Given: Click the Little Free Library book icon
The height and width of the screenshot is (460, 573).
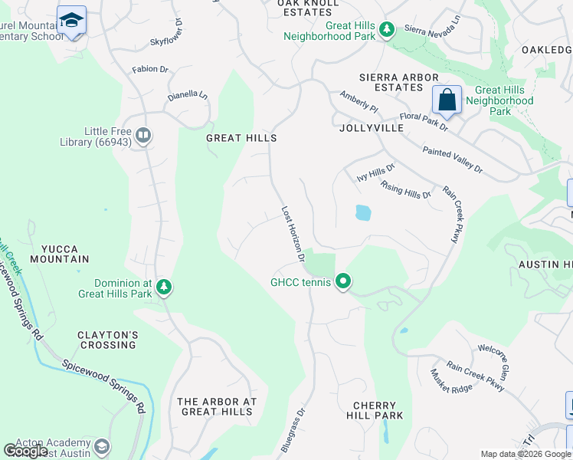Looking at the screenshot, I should pyautogui.click(x=142, y=136).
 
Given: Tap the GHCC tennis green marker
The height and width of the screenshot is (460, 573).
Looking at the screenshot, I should pyautogui.click(x=344, y=282).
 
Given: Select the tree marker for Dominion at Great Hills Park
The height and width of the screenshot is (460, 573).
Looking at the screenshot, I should pyautogui.click(x=163, y=287).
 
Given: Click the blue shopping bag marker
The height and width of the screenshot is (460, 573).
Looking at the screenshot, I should pyautogui.click(x=447, y=100).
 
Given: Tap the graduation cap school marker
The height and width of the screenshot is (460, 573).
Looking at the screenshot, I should pyautogui.click(x=71, y=20).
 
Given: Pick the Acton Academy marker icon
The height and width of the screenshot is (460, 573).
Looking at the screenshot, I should pyautogui.click(x=101, y=447).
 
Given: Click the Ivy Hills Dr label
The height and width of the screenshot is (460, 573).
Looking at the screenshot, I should pyautogui.click(x=376, y=172).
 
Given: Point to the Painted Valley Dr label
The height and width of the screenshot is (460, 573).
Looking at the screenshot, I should pyautogui.click(x=453, y=159).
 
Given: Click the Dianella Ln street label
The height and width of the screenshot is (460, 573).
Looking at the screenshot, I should pyautogui.click(x=188, y=96).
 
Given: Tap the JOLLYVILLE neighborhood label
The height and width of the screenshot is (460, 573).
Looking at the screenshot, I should pyautogui.click(x=371, y=129).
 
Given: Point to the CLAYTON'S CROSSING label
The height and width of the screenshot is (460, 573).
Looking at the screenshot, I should pyautogui.click(x=107, y=340).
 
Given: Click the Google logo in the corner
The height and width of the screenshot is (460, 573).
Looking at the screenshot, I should pyautogui.click(x=26, y=450).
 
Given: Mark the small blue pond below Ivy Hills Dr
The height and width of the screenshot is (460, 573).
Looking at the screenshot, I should pyautogui.click(x=363, y=213).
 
